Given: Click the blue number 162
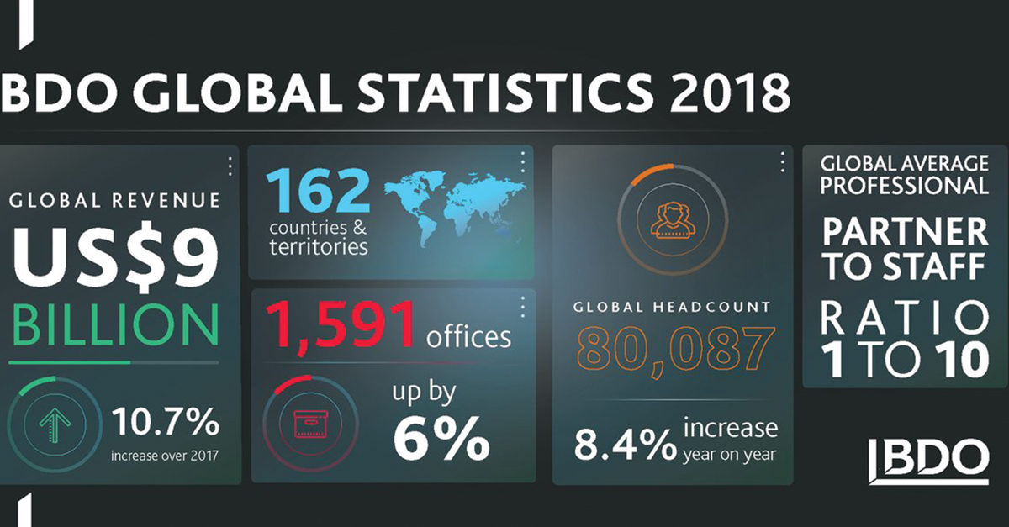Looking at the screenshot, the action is pos(318,192).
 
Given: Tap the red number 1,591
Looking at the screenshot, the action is pos(341,325).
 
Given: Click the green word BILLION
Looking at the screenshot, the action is pos(115,324).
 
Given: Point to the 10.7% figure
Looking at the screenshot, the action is pos(166,422).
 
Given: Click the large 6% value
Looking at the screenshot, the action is pos(441,439).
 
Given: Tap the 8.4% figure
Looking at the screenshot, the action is pos(626,445).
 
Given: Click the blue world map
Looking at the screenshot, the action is pos(455,209).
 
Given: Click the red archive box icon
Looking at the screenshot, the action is pos(310,424).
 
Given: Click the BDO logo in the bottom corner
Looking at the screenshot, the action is pos(929,461).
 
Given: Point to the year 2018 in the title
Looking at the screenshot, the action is pos(729,93).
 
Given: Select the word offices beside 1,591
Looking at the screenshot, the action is pos(468,337).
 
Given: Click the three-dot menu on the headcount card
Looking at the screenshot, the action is pos(783,161).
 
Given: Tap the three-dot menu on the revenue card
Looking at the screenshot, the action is pos(230,166).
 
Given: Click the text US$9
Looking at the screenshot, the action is pos(115,256).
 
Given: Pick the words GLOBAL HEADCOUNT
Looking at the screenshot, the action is pos(672,307).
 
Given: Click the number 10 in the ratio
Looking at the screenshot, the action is pos(962,360).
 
